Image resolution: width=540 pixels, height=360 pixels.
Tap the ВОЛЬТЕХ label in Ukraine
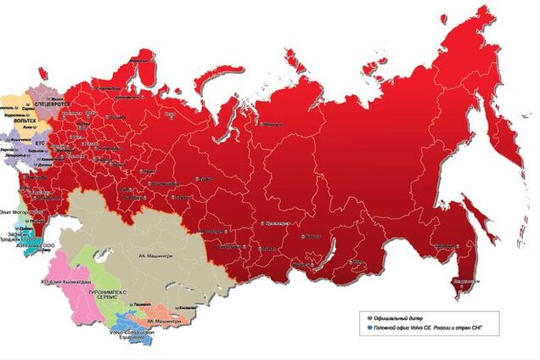point(25,121)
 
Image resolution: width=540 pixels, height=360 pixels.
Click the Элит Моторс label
point(17,200)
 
